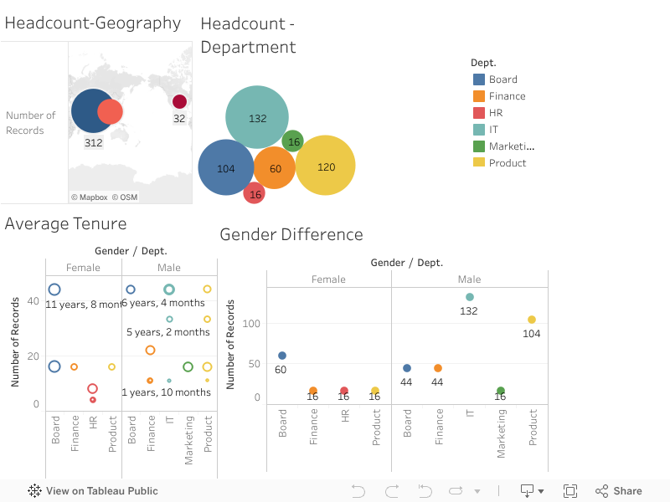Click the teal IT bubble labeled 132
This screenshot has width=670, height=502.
tap(257, 118)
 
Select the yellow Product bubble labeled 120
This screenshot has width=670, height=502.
tap(326, 166)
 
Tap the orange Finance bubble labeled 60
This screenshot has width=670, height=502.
tap(275, 168)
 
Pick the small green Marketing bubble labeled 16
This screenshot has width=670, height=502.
tap(293, 141)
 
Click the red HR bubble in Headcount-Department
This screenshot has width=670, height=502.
tap(255, 193)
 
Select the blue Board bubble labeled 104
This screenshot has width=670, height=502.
tap(226, 167)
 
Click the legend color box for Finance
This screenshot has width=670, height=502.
tap(479, 96)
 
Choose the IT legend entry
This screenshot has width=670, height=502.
tap(494, 130)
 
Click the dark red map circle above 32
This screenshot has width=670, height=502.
tap(179, 102)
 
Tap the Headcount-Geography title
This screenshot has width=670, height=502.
tap(93, 23)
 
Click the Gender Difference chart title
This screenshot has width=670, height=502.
tap(291, 235)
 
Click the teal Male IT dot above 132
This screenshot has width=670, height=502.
tap(469, 297)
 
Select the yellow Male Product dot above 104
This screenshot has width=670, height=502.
tap(531, 320)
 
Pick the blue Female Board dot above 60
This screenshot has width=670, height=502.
tap(281, 356)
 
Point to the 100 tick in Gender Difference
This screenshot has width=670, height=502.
tap(251, 324)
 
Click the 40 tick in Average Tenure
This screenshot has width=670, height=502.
tap(33, 301)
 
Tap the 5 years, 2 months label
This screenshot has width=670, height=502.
tap(168, 332)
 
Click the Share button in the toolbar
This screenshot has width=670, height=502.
tap(619, 491)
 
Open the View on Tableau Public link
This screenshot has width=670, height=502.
tap(93, 491)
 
